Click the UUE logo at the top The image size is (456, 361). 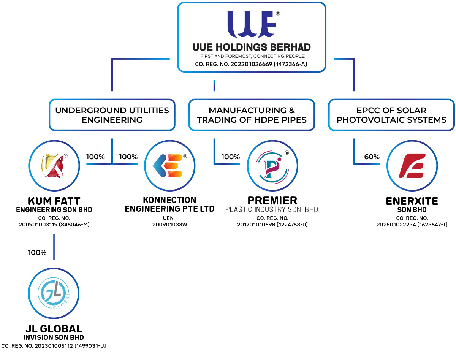coord(251,25)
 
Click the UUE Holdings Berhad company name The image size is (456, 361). coord(252,47)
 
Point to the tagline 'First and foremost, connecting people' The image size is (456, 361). coord(252,56)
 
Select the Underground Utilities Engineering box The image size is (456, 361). coord(112,115)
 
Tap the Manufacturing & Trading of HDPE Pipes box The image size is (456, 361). coord(252,115)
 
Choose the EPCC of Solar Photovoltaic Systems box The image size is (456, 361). coord(391,115)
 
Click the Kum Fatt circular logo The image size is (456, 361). coord(54,166)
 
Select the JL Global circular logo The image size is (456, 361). coord(54,293)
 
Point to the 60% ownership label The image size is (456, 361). coord(372,157)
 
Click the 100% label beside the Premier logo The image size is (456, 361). coord(231,157)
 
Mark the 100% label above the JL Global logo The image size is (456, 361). coord(37,252)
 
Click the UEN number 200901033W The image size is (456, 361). coord(169,225)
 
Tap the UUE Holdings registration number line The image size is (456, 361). coord(251,64)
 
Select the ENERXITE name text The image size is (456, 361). coord(412,201)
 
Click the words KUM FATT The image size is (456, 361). coord(54,201)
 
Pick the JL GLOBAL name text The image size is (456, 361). coord(54,329)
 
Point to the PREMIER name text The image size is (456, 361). coord(272,200)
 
